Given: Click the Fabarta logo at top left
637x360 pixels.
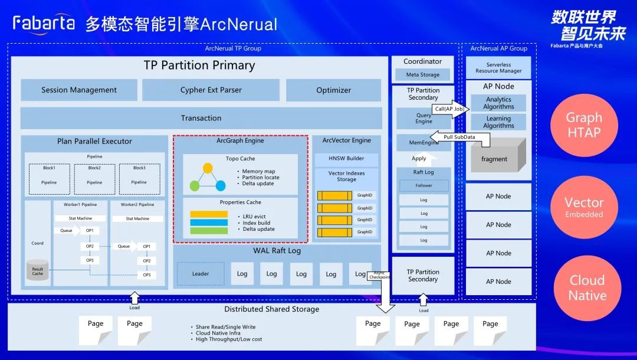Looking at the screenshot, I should tap(44, 23).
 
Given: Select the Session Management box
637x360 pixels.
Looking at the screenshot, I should tap(79, 90).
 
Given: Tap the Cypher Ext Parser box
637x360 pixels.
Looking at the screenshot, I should tap(211, 90).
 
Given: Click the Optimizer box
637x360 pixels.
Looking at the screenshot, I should tap(333, 90).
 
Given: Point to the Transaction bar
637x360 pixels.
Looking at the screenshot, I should tap(201, 118).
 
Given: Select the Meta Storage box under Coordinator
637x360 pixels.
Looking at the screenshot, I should tap(423, 75).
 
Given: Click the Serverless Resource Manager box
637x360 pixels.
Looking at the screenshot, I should tap(498, 68).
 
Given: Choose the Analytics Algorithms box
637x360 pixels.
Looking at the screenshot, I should tap(498, 103).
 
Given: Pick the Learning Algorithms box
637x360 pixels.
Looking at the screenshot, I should tap(498, 122).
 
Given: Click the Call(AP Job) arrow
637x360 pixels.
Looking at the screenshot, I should tap(451, 109).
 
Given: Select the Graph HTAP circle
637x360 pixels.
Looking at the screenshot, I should tap(584, 125).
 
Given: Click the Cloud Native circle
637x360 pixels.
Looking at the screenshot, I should tap(587, 288).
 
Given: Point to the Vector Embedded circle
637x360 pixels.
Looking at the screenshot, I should tap(584, 207).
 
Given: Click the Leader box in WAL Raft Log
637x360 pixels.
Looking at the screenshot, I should tap(201, 274).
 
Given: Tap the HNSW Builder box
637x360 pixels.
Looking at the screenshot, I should tap(346, 159).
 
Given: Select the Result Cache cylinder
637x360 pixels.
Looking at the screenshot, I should tap(37, 270).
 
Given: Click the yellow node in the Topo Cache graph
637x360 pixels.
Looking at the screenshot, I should tap(208, 168).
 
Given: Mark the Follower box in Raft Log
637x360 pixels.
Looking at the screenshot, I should tap(423, 185).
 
